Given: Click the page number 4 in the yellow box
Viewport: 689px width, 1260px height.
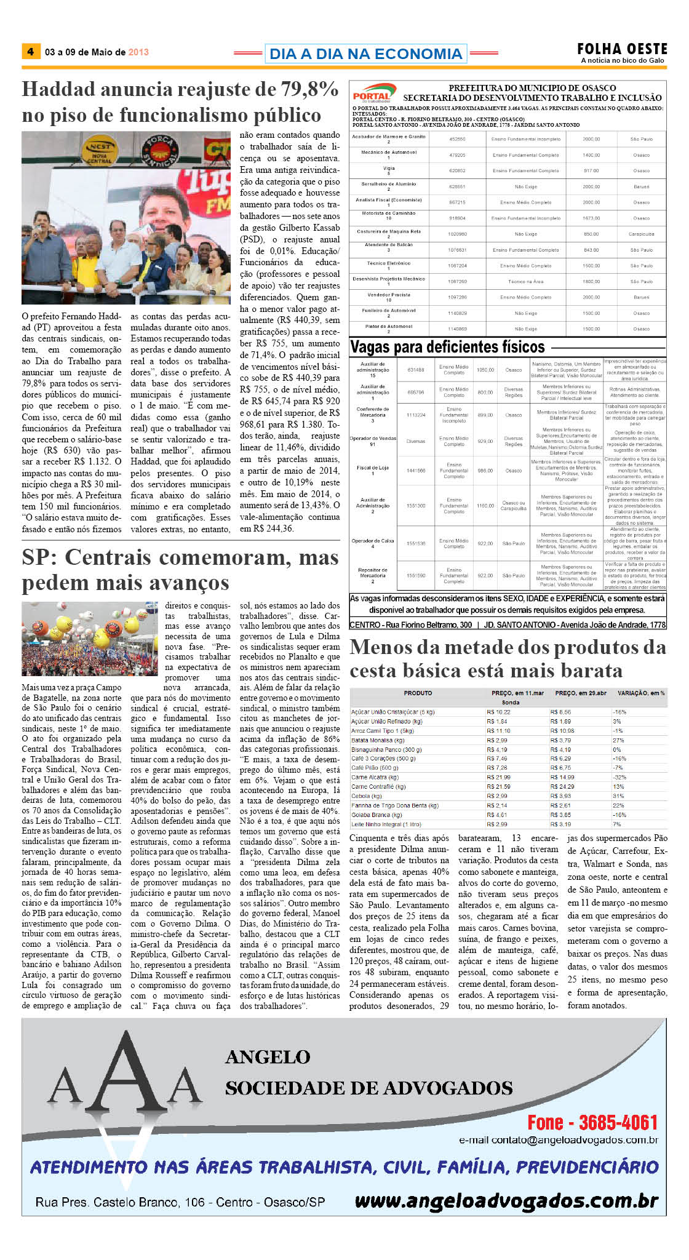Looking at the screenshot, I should pyautogui.click(x=30, y=52).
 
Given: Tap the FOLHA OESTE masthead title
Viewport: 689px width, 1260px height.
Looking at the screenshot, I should pyautogui.click(x=621, y=49).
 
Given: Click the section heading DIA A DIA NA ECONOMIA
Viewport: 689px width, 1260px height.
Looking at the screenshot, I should pyautogui.click(x=365, y=54).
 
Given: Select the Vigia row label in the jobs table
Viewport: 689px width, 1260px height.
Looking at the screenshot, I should pyautogui.click(x=389, y=169).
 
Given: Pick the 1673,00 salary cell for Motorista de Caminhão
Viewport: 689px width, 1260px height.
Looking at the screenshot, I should pyautogui.click(x=591, y=218).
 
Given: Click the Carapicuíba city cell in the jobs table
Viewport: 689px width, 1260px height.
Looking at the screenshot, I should pyautogui.click(x=641, y=234).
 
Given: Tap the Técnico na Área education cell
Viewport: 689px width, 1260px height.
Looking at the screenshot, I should pyautogui.click(x=525, y=282).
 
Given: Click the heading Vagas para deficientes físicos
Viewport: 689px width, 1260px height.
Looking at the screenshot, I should pyautogui.click(x=447, y=347).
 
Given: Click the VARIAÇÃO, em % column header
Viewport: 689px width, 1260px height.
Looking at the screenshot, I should pyautogui.click(x=640, y=693).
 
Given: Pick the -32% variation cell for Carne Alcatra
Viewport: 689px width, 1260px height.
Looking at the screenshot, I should pyautogui.click(x=619, y=777).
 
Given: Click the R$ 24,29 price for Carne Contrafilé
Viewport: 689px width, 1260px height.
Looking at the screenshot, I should pyautogui.click(x=562, y=787).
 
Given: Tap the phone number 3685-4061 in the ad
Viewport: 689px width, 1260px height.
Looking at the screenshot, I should pyautogui.click(x=618, y=1122).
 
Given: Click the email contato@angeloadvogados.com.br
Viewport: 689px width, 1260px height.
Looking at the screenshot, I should pyautogui.click(x=558, y=1140).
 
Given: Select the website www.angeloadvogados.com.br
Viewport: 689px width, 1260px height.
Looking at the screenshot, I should pyautogui.click(x=506, y=1200).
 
